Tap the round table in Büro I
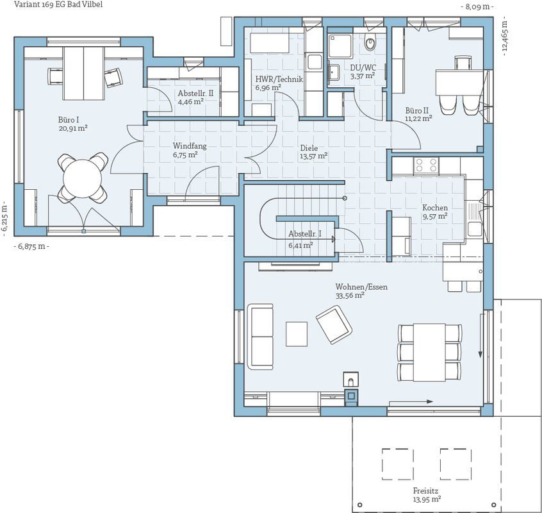82,178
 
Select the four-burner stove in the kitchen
426,165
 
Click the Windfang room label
190,146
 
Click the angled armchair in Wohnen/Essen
334,324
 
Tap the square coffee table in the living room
297,334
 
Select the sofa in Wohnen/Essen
260,337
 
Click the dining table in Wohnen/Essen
429,352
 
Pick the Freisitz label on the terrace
425,491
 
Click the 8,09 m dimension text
477,6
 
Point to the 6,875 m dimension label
31,246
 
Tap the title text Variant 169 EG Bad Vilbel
58,4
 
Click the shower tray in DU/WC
340,46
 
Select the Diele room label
309,148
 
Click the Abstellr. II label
195,94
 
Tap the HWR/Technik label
279,80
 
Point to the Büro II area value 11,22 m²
418,119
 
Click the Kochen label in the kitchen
435,208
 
